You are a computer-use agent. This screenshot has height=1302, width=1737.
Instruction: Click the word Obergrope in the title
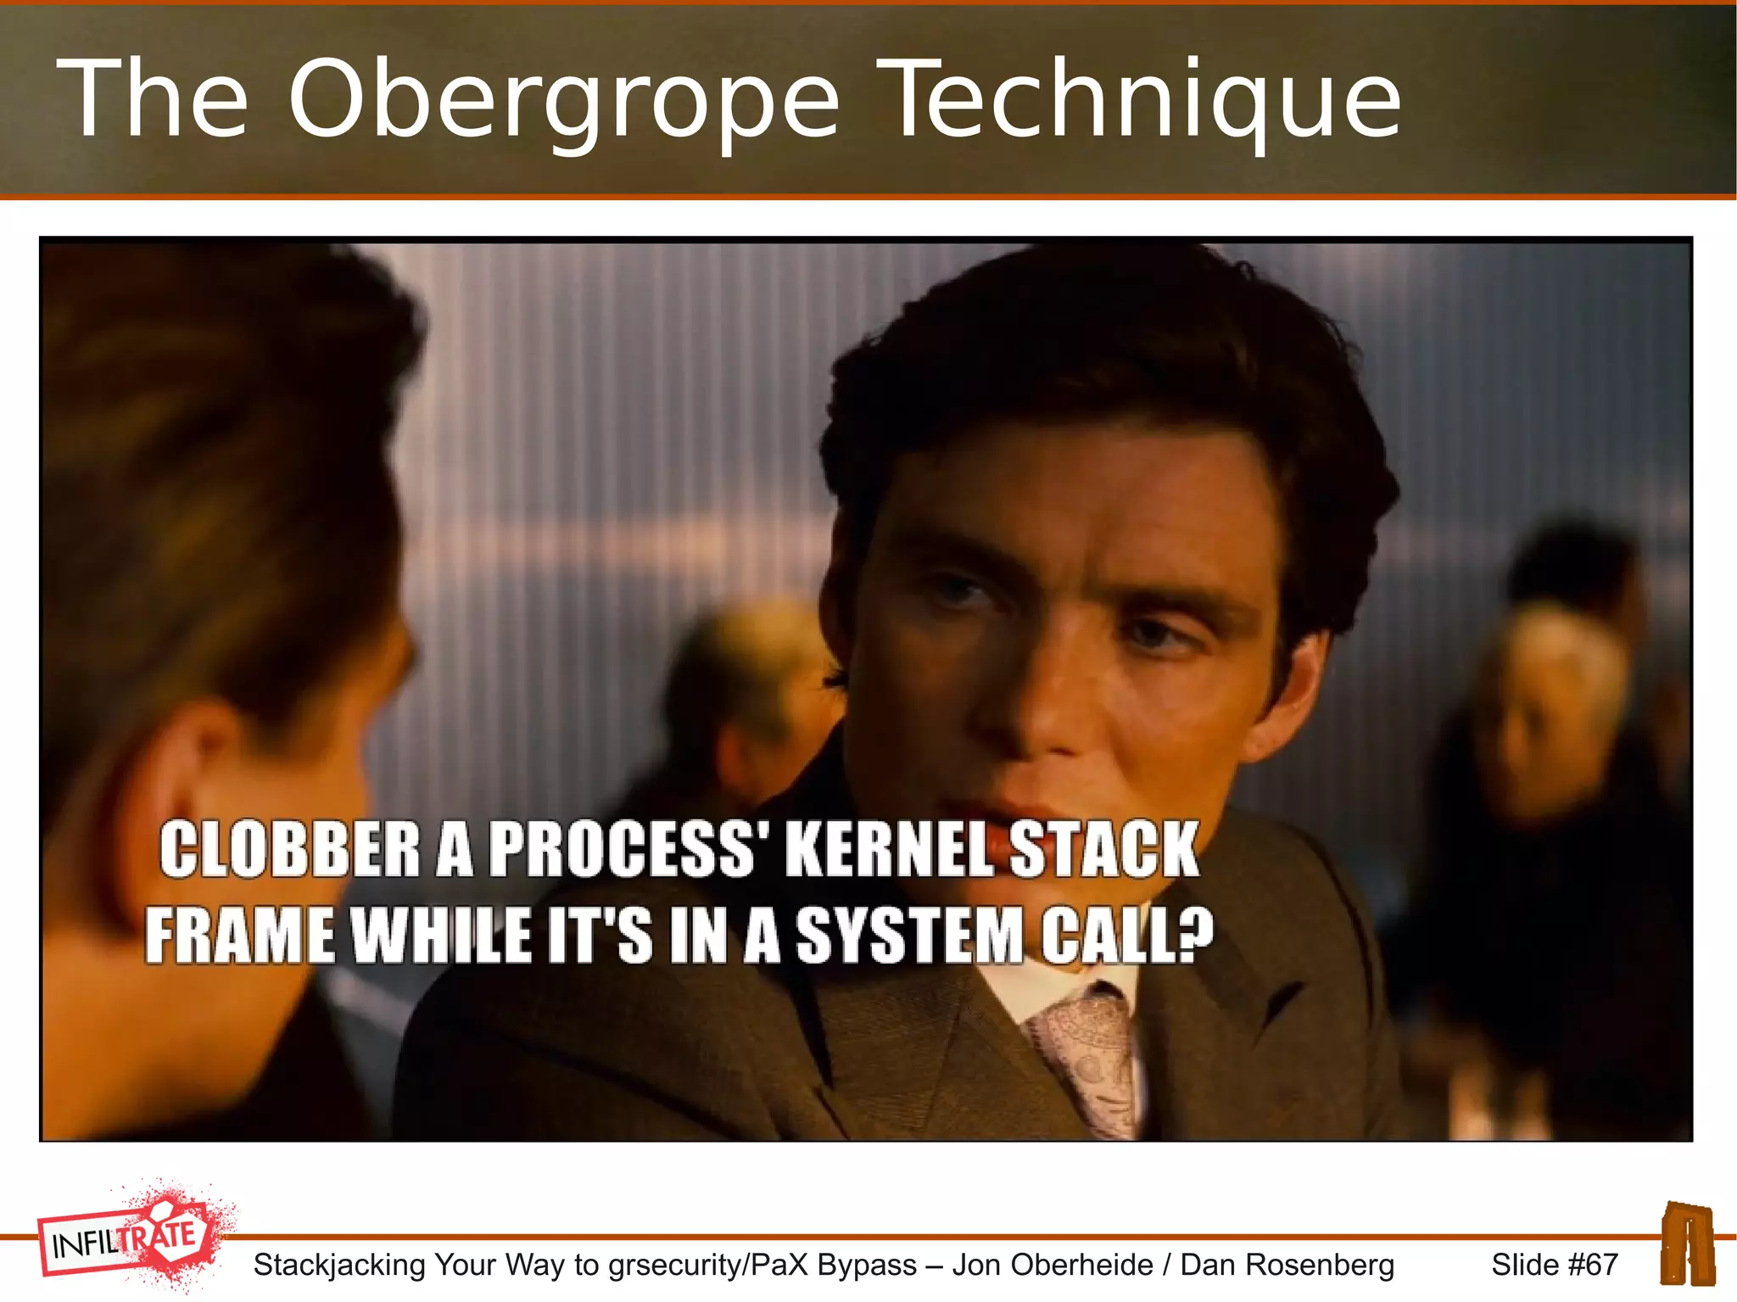(x=563, y=100)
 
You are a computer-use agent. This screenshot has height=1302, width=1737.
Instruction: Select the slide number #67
(x=1593, y=1265)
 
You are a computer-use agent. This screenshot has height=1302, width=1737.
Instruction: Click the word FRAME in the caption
(x=239, y=936)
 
